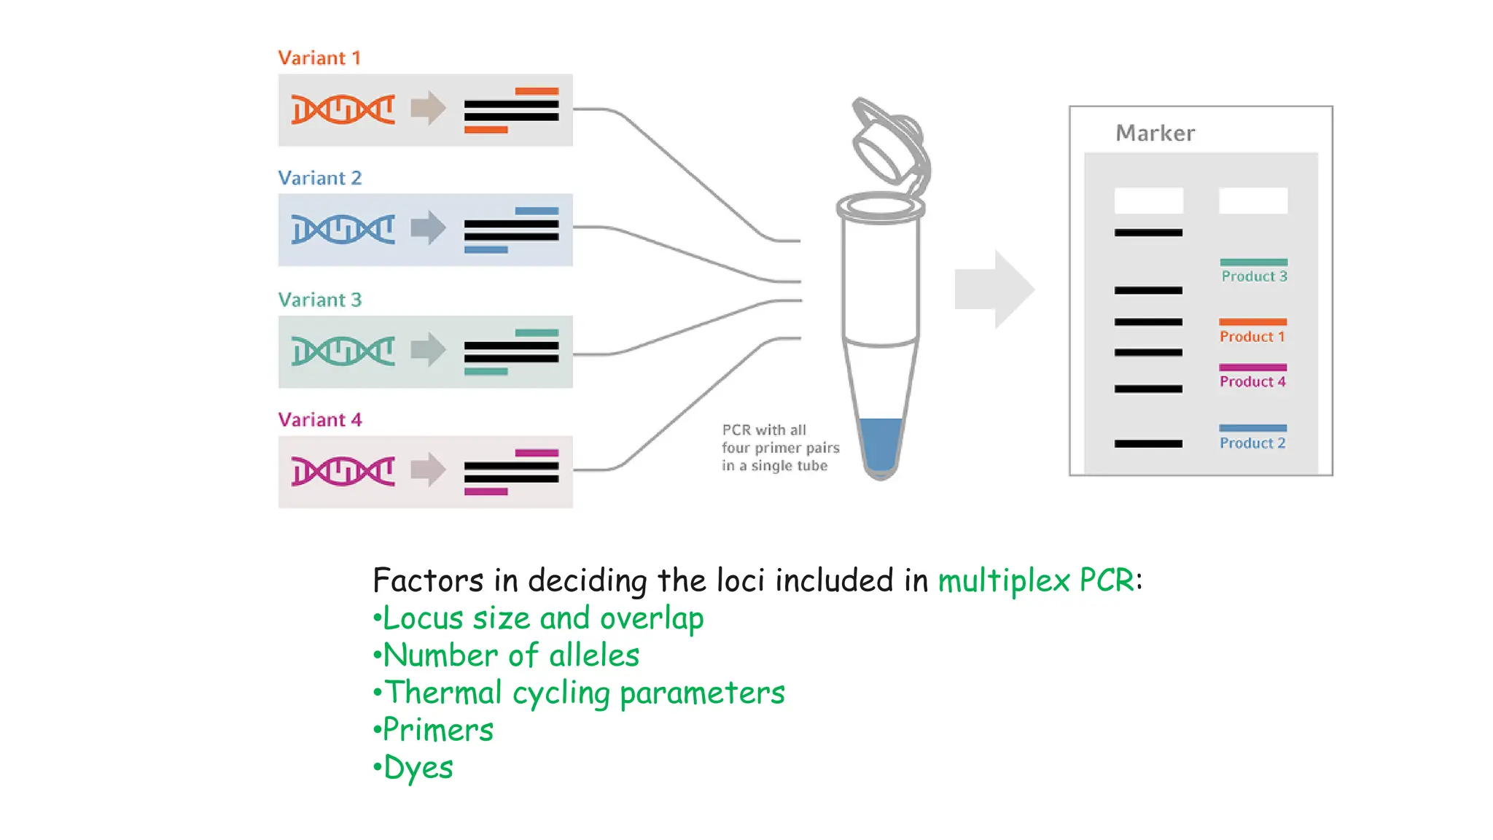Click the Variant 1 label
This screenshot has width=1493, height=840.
coord(319,58)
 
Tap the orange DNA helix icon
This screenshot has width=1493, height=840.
coord(343,109)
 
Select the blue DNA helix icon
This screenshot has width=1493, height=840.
coord(343,229)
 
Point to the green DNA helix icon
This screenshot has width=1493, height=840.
coord(343,351)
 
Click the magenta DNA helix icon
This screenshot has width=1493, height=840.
coord(343,471)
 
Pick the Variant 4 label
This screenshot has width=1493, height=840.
coord(319,419)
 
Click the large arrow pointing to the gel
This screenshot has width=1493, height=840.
coord(994,289)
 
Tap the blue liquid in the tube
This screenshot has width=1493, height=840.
coord(881,443)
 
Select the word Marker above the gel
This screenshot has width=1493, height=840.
coord(1155,133)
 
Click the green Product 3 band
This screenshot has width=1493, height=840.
coord(1253,262)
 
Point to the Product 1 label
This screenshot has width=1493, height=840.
coord(1252,337)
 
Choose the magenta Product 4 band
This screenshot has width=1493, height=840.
coord(1252,367)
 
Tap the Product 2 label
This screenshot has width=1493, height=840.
coord(1252,443)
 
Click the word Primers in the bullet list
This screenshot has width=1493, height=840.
coord(438,729)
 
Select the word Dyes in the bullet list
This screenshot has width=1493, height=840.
coord(418,767)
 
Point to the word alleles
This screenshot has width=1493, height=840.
coord(594,655)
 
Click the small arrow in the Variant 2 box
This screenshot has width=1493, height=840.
coord(428,227)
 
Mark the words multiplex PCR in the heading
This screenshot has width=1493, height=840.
coord(1036,580)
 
